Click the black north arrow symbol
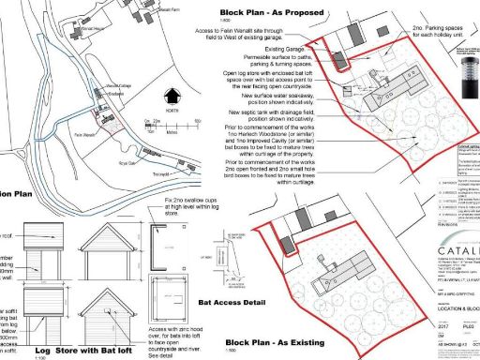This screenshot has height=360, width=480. (x=171, y=96)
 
